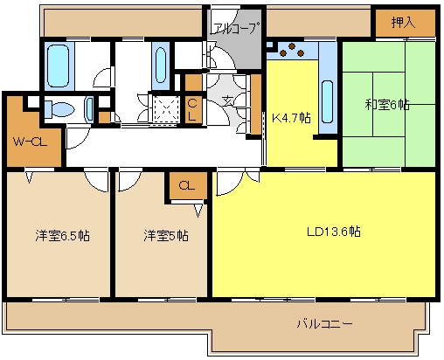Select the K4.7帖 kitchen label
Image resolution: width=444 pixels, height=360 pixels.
point(291,118)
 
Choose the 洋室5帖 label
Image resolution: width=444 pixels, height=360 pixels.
point(164,235)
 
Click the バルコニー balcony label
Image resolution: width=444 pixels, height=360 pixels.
point(323,324)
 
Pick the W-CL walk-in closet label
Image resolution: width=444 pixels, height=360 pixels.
point(29,142)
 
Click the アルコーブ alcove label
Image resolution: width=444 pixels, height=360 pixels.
point(235,27)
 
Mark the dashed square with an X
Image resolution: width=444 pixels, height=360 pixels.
point(163,107)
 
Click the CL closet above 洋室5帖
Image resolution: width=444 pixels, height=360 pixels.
point(186,185)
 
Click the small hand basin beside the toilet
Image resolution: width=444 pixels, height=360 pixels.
point(90,108)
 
